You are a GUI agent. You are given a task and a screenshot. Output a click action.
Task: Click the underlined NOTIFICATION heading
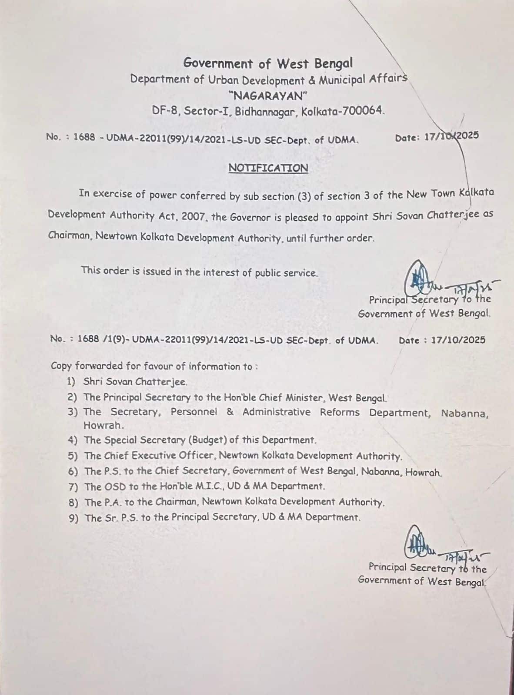pyautogui.click(x=268, y=168)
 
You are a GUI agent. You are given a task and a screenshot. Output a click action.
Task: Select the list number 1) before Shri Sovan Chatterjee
pyautogui.click(x=72, y=382)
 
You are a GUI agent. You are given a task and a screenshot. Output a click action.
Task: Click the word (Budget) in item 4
pyautogui.click(x=207, y=440)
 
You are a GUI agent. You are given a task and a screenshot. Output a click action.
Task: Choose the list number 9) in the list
pyautogui.click(x=73, y=518)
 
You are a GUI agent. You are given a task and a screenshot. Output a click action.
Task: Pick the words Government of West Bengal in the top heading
pyautogui.click(x=268, y=63)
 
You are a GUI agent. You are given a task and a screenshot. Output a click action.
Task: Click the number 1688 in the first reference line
pyautogui.click(x=84, y=137)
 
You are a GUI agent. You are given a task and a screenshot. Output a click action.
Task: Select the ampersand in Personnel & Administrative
pyautogui.click(x=230, y=412)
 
